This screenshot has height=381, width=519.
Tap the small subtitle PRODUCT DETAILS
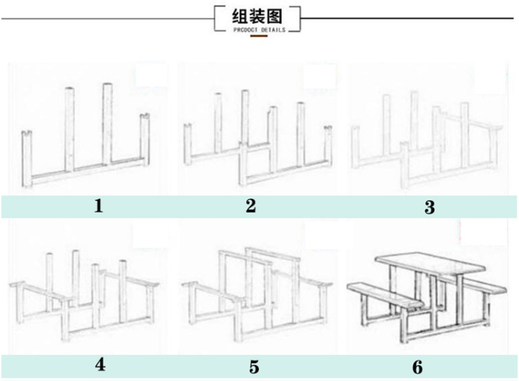click(x=259, y=29)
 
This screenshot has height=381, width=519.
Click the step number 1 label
click(x=98, y=205)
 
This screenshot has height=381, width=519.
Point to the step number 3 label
click(x=430, y=207)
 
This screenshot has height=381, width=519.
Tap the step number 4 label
click(x=100, y=365)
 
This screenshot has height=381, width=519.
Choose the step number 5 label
click(x=255, y=366)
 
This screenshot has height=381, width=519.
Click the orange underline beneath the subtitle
click(x=259, y=35)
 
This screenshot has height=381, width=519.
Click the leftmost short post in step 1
click(x=26, y=159)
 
